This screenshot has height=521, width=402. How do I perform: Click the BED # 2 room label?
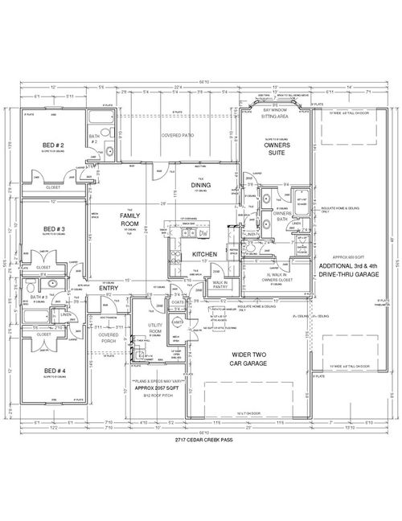click(54, 145)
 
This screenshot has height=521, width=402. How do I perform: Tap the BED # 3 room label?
click(54, 229)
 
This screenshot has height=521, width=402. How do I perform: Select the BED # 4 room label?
click(54, 371)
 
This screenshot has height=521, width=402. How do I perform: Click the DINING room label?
click(201, 185)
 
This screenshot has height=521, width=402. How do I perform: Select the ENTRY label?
click(109, 288)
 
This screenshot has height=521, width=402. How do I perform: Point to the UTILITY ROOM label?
click(156, 328)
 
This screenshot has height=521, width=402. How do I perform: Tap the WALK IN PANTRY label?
click(219, 285)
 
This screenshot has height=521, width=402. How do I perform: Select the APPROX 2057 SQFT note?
click(158, 387)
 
